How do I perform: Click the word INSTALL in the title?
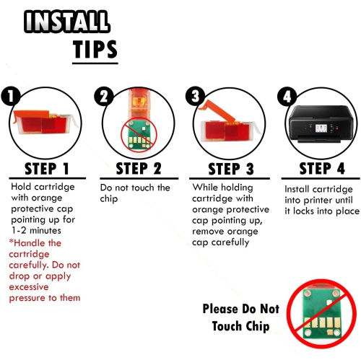pyautogui.click(x=67, y=22)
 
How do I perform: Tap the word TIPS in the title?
pyautogui.click(x=95, y=49)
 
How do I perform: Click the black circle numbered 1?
pyautogui.click(x=10, y=96)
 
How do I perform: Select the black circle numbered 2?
pyautogui.click(x=104, y=96)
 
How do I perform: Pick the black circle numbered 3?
pyautogui.click(x=195, y=96)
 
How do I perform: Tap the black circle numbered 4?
pyautogui.click(x=287, y=96)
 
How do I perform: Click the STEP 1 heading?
pyautogui.click(x=47, y=169)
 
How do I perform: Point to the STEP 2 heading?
pyautogui.click(x=139, y=168)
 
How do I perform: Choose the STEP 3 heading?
pyautogui.click(x=231, y=169)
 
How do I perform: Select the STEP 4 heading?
pyautogui.click(x=322, y=168)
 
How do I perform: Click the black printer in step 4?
pyautogui.click(x=321, y=124)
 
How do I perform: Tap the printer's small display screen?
pyautogui.click(x=321, y=129)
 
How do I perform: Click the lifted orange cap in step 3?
pyautogui.click(x=217, y=111)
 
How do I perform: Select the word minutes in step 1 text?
pyautogui.click(x=45, y=231)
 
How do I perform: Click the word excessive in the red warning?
pyautogui.click(x=29, y=287)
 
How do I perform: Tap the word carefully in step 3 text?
pyautogui.click(x=230, y=242)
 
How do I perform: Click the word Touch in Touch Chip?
pyautogui.click(x=227, y=326)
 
